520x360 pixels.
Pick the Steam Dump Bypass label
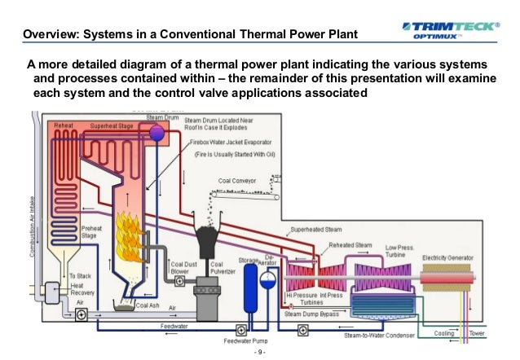coord(311,313)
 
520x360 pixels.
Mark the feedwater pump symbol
coord(241,330)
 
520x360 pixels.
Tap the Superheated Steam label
coord(321,229)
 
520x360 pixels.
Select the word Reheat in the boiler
coord(65,126)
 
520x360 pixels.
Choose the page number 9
coord(260,353)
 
